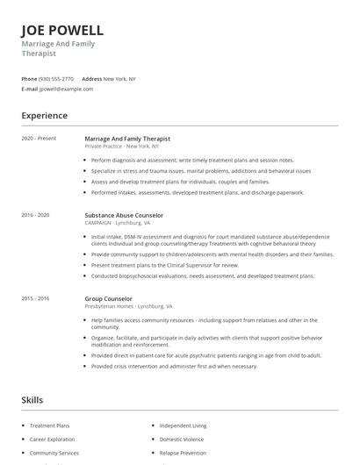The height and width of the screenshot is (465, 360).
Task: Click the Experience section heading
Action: click(x=44, y=116)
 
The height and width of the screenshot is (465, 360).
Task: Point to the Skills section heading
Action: click(x=32, y=400)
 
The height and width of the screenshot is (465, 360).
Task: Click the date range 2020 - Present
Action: click(x=39, y=139)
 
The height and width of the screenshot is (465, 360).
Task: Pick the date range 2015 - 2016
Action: click(x=35, y=298)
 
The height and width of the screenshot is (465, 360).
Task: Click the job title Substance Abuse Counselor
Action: click(x=124, y=215)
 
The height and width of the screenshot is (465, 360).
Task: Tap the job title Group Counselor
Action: click(x=109, y=298)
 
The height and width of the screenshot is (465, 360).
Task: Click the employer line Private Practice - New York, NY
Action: click(x=122, y=146)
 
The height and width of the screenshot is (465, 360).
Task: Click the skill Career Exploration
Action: click(x=53, y=439)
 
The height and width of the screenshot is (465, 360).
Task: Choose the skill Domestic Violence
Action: click(x=181, y=439)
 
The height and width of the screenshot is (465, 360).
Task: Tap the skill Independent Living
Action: click(x=182, y=426)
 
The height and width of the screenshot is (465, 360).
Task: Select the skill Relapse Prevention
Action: click(x=183, y=453)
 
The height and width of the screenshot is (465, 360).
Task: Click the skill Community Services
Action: click(x=54, y=453)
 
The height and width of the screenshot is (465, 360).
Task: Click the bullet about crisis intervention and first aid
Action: click(x=174, y=366)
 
